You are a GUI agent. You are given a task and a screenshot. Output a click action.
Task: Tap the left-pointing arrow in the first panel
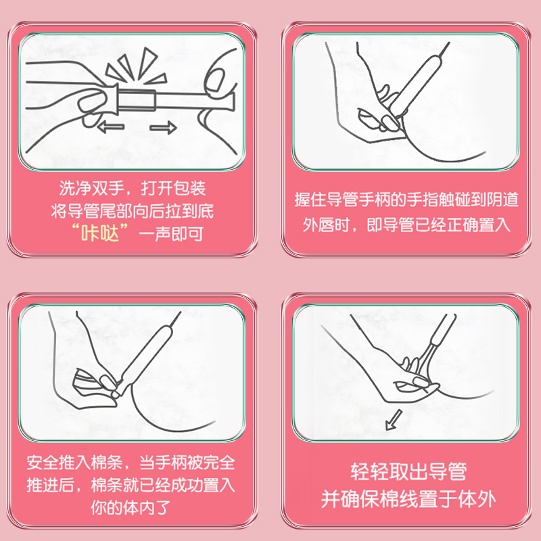(x=110, y=126)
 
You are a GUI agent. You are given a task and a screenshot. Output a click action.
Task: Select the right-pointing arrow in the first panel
(x=160, y=126)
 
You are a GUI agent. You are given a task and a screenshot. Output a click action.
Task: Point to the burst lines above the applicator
(x=128, y=68)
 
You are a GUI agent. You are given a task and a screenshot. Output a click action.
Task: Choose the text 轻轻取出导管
(x=408, y=472)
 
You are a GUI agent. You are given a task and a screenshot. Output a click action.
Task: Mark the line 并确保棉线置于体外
(x=408, y=500)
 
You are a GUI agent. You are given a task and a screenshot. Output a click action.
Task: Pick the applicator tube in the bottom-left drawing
(x=145, y=356)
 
